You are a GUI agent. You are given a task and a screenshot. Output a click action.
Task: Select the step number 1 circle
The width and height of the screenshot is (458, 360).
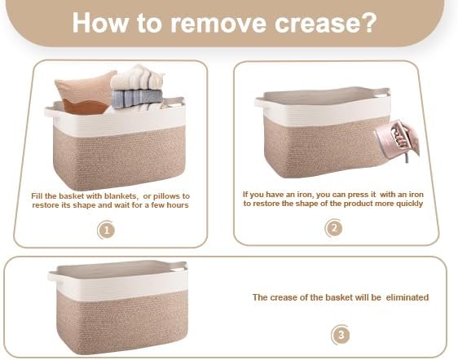[x=106, y=230]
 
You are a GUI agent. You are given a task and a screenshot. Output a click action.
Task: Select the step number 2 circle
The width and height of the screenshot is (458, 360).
[x=334, y=228]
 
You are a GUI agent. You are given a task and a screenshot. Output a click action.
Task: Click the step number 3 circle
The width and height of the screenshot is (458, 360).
[x=341, y=334]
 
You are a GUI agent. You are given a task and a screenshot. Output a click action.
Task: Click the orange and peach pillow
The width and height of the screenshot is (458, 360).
[x=86, y=92]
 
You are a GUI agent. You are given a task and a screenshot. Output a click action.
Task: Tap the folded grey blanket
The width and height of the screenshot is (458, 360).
[x=137, y=99]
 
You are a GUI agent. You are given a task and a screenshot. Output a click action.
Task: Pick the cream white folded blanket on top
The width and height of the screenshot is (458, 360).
[x=137, y=77]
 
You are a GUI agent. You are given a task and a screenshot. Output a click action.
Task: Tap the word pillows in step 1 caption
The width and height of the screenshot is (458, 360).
[x=166, y=196]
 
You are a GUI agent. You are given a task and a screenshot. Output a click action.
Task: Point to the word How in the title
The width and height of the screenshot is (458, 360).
[x=100, y=23]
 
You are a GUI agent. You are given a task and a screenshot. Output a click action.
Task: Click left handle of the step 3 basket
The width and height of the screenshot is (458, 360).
[x=55, y=277]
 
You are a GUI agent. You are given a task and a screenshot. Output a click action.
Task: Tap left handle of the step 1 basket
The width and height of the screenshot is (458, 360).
[x=52, y=112]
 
